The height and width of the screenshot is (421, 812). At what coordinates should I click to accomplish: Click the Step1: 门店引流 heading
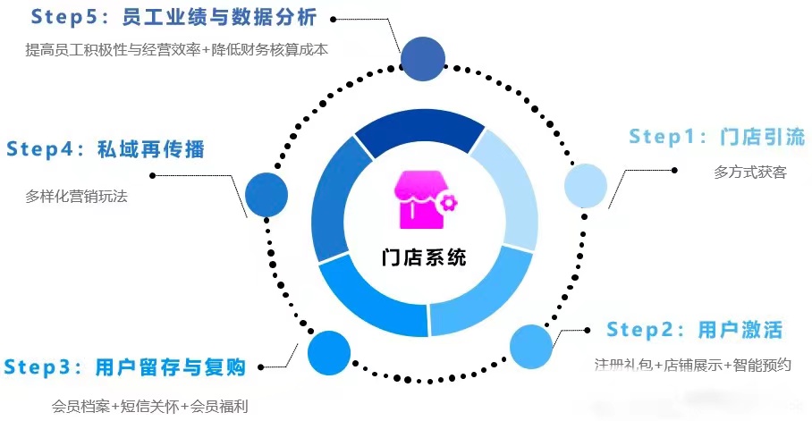coord(716,137)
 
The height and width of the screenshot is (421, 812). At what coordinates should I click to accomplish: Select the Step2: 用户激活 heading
coord(694,329)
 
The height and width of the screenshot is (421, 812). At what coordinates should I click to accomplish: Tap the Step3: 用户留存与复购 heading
coord(124,366)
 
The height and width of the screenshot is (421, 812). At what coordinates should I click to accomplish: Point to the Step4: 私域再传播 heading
coord(106,149)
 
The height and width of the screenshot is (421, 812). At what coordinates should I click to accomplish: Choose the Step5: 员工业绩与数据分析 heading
coord(173,16)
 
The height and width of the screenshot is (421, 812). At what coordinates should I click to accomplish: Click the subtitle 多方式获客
coord(750,172)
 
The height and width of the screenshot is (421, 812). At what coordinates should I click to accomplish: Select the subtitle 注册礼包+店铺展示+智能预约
coord(692,365)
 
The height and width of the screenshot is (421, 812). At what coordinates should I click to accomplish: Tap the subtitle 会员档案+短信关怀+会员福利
coord(149,406)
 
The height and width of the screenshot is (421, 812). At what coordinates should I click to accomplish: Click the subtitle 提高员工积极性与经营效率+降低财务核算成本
coord(177,50)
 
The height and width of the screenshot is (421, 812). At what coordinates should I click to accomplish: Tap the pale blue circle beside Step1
coord(587,186)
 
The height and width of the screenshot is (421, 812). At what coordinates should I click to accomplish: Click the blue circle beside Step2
coord(532,347)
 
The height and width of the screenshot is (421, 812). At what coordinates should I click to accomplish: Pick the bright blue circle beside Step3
coord(329,352)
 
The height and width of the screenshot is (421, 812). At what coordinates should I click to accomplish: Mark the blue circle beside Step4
coord(266,195)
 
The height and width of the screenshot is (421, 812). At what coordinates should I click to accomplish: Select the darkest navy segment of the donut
coord(418,131)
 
